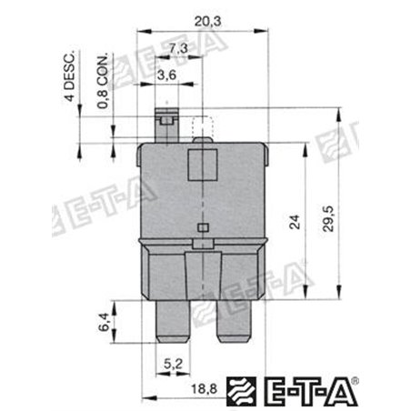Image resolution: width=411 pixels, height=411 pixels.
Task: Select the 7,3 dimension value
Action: click(x=178, y=47)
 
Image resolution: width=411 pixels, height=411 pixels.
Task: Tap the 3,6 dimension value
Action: click(x=165, y=76)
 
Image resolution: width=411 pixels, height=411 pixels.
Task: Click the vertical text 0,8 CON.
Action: click(x=104, y=84)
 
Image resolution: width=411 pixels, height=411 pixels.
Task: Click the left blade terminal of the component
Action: click(x=173, y=318)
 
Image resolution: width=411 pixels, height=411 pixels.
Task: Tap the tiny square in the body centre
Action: click(x=203, y=227)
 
